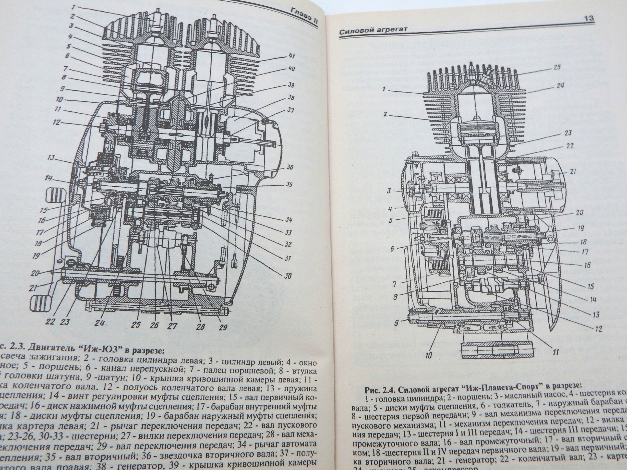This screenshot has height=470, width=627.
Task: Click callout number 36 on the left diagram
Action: tap(289, 167)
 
